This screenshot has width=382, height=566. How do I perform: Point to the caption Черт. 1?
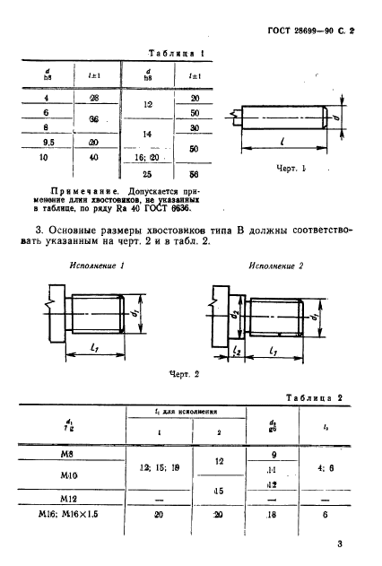[292, 169]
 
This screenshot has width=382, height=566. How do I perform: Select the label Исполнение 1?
[97, 266]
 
